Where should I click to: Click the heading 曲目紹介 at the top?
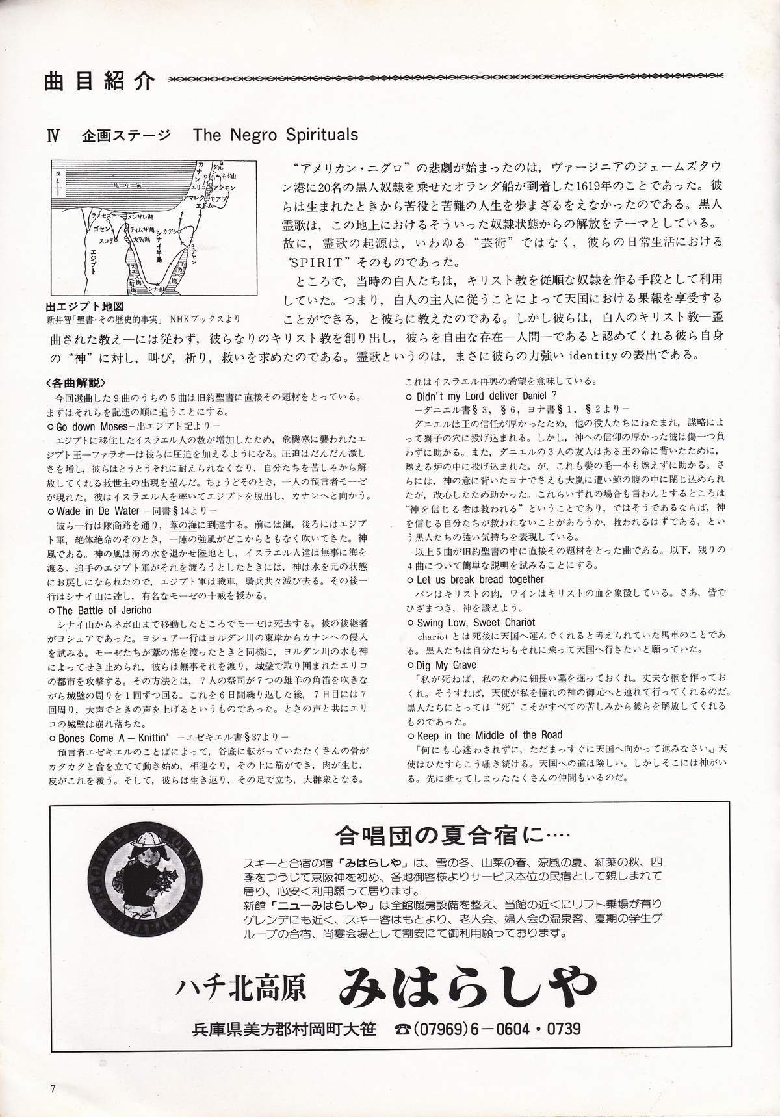(100, 81)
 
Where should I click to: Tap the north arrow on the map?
(59, 183)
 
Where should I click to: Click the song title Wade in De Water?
(97, 510)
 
